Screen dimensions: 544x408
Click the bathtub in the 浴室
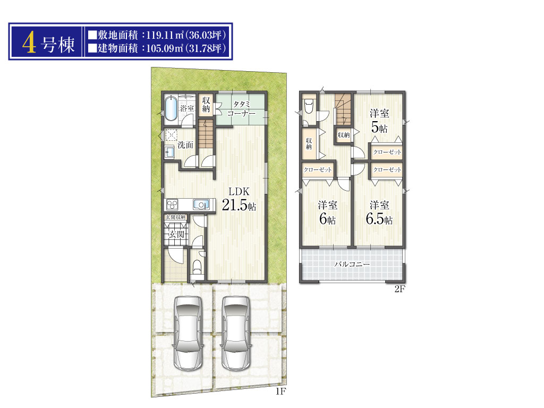(x=171, y=108)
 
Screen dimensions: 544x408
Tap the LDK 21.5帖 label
(x=239, y=199)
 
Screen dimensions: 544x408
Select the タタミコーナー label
(x=242, y=108)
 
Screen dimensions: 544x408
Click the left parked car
(x=188, y=333)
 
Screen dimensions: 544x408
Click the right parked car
(x=236, y=333)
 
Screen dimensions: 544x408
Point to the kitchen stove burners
(x=173, y=205)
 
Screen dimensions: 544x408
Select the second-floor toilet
(x=309, y=106)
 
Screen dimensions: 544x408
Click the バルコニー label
(x=352, y=264)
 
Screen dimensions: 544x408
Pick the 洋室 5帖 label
(x=379, y=121)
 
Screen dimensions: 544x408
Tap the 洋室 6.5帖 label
(x=379, y=212)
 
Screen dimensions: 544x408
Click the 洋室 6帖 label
(x=327, y=212)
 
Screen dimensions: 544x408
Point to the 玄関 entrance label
(x=176, y=234)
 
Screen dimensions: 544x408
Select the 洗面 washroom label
(x=185, y=144)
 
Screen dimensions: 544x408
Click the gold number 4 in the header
(x=30, y=44)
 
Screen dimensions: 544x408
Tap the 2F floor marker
(x=399, y=289)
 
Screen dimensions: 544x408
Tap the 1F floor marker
(x=280, y=392)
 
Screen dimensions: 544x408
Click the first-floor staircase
(x=206, y=133)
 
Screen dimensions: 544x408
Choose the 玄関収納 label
(x=175, y=217)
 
